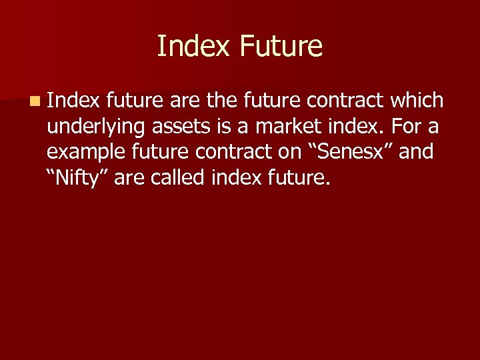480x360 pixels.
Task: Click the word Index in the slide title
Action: tap(193, 46)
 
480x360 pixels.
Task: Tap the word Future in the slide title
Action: tap(280, 46)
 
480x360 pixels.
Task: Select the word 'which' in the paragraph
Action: tap(417, 101)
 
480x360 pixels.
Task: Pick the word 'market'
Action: tap(294, 126)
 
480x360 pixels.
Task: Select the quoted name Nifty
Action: tap(77, 178)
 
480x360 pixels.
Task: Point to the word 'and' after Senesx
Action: tap(416, 151)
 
